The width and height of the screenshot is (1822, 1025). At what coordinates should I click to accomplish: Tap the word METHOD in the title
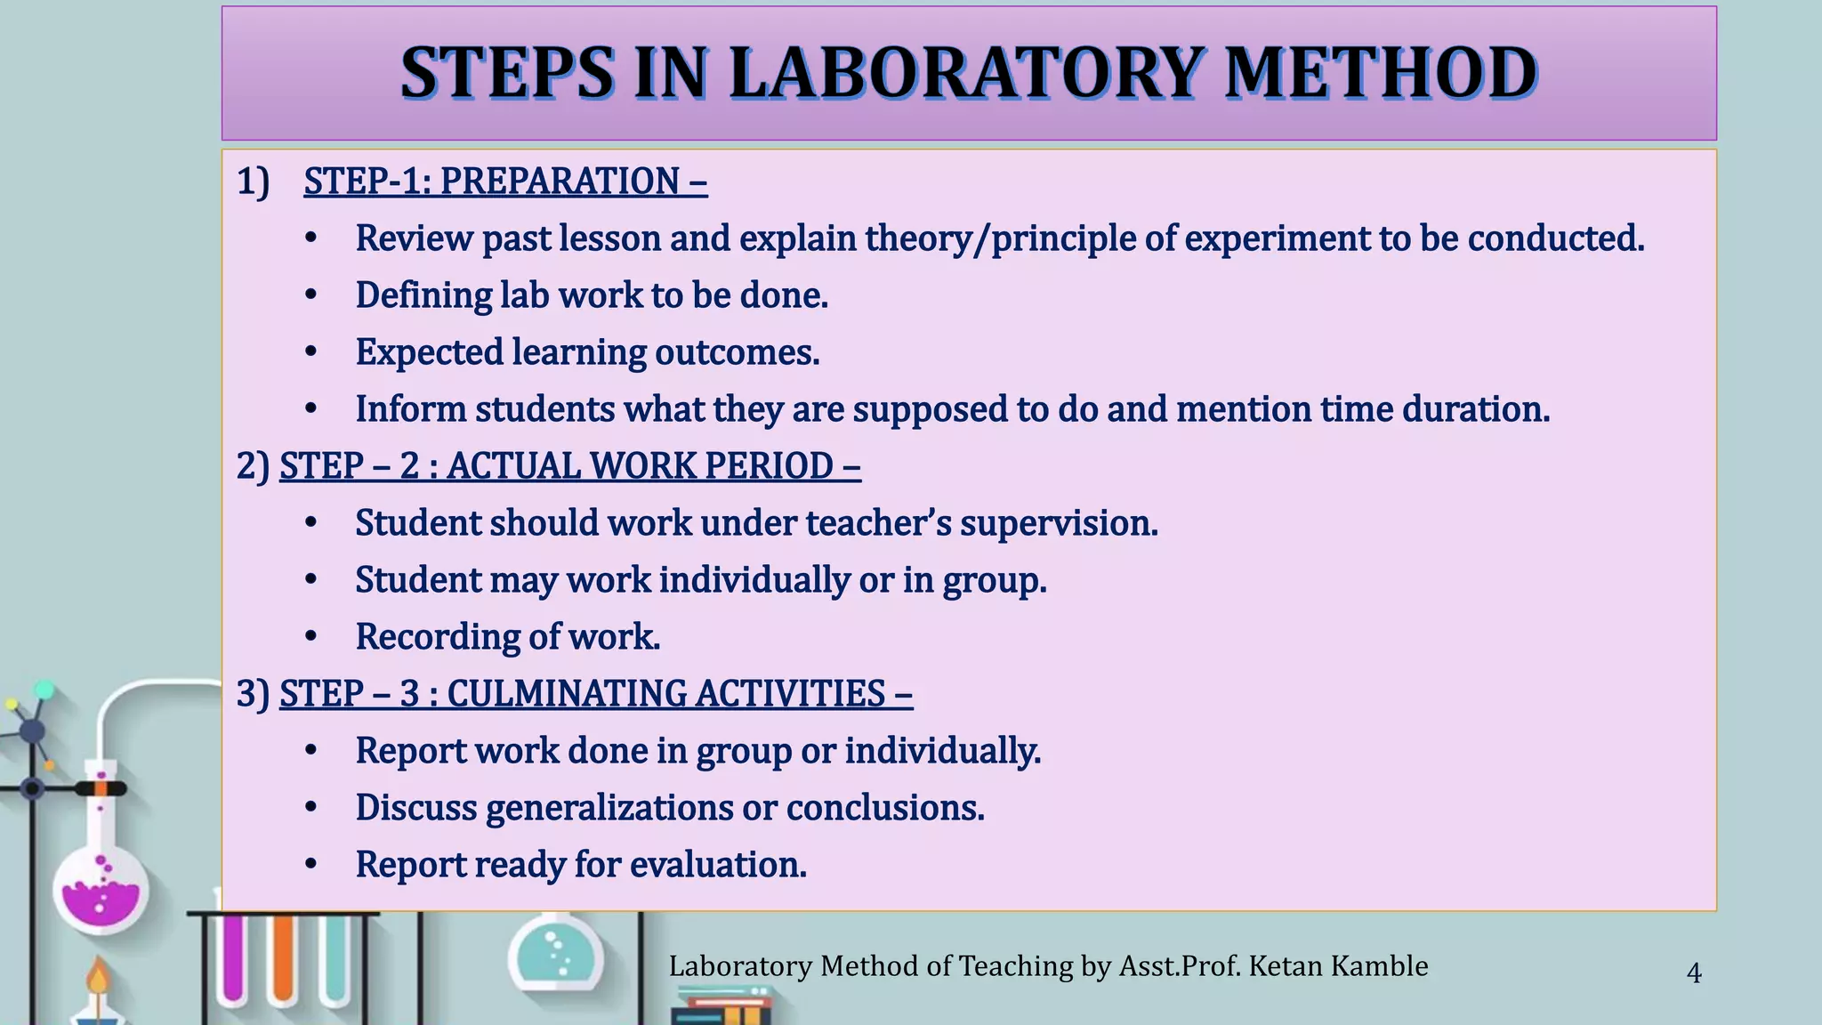pos(1381,73)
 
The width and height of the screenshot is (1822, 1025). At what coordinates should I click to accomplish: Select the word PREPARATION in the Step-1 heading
pos(560,182)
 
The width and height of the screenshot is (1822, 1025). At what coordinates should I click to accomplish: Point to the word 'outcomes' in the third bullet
pos(736,352)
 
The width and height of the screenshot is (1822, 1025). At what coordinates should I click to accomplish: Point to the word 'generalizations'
pos(609,808)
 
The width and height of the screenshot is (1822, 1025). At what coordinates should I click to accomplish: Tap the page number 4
pos(1694,973)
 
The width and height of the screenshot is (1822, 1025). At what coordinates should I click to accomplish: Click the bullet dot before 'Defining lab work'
pos(310,295)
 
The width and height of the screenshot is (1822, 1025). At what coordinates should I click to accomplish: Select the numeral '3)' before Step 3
pos(253,694)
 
